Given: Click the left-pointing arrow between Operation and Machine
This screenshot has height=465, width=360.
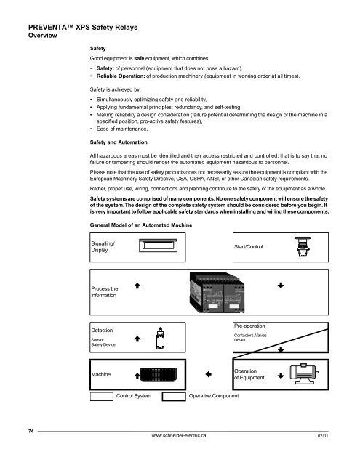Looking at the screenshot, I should pyautogui.click(x=208, y=375).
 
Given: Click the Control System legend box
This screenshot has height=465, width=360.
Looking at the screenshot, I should pyautogui.click(x=100, y=397).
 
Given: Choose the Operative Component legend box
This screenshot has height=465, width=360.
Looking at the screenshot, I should pyautogui.click(x=172, y=397).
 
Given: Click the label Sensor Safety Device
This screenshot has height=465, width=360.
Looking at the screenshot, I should pyautogui.click(x=104, y=341).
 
